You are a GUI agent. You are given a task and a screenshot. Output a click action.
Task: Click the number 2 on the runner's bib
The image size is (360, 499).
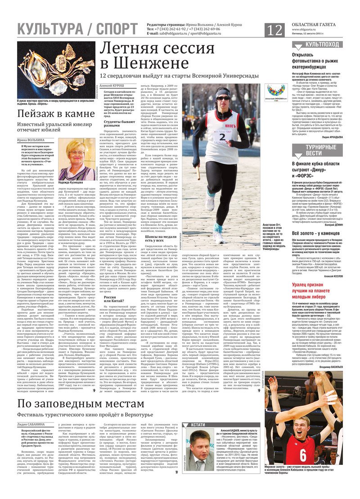coord(222,136)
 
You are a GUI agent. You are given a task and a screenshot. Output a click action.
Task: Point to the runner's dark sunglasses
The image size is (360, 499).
coord(223,98)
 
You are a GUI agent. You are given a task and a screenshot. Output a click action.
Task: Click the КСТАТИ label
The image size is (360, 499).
coord(198,425)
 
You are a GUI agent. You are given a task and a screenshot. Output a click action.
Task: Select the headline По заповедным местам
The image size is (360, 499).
coord(81,403)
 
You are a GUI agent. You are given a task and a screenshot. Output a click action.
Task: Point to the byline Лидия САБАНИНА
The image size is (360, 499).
coord(31,425)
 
